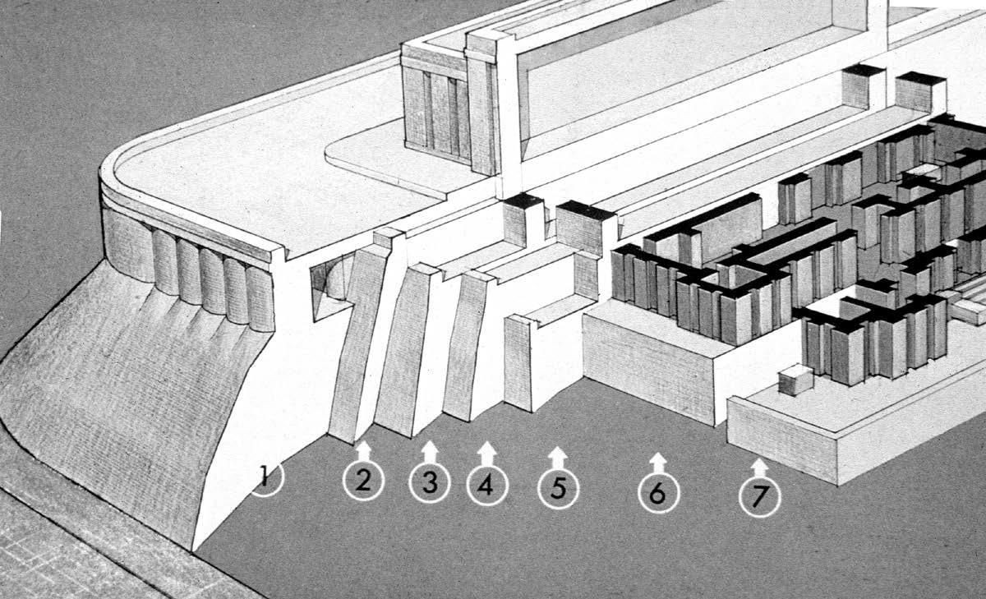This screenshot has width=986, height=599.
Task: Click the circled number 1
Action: [x=266, y=477]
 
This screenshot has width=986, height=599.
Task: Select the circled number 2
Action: [x=363, y=480]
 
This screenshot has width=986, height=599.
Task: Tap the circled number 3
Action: [x=430, y=482]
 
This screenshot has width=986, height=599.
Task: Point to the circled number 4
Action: [x=487, y=485]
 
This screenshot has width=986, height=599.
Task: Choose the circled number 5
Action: [x=558, y=488]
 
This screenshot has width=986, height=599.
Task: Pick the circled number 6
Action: [x=658, y=492]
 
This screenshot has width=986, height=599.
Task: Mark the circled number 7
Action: [x=760, y=496]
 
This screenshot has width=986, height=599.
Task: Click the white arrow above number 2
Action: [x=363, y=451]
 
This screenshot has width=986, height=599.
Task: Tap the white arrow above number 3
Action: [x=430, y=452]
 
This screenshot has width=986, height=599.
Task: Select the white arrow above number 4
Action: [x=486, y=454]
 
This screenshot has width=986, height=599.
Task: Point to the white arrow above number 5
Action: [x=558, y=458]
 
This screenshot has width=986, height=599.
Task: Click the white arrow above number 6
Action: [x=658, y=463]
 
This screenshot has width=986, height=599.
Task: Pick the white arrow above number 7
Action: [x=759, y=468]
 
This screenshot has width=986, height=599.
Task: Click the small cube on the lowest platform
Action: [x=795, y=380]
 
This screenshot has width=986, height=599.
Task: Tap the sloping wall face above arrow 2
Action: [x=357, y=343]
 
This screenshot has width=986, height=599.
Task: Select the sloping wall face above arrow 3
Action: [x=403, y=352]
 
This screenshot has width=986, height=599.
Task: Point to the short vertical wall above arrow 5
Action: [x=518, y=363]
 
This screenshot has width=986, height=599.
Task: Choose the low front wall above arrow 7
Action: [x=782, y=440]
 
